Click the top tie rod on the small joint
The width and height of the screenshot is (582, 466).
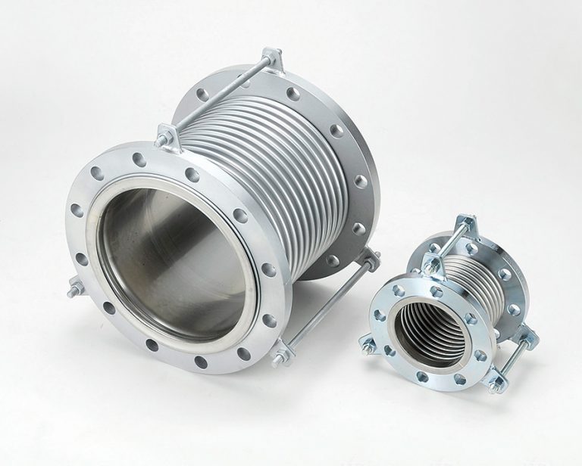(447, 242)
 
